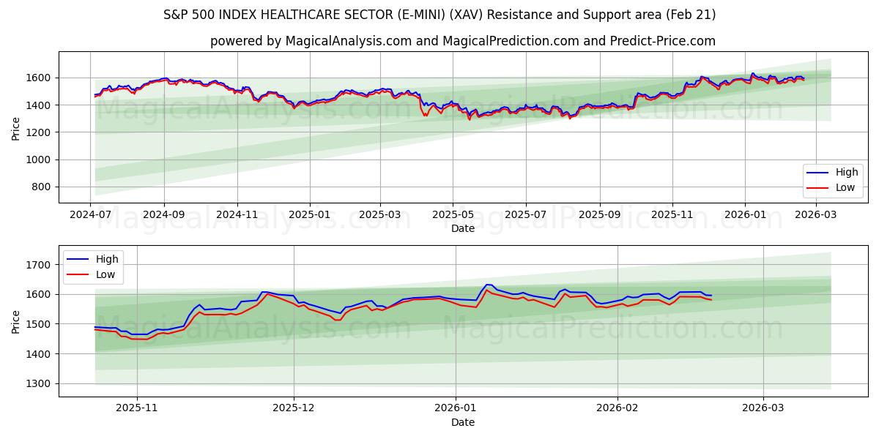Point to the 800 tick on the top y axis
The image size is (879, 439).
tap(40, 187)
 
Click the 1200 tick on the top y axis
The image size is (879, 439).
tap(37, 132)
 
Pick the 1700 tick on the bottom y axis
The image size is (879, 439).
tap(37, 264)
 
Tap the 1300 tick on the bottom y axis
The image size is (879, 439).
tap(37, 383)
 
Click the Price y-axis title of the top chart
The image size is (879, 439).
tap(16, 128)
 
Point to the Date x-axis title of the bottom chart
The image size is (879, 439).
tap(462, 422)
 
